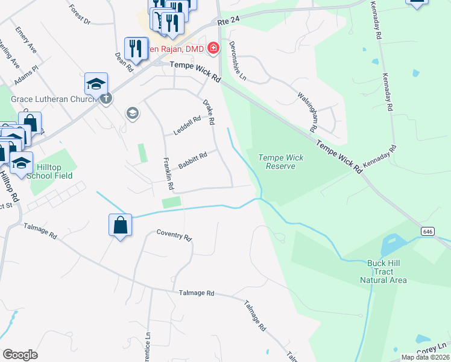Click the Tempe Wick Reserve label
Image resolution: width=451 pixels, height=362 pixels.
click(x=280, y=162)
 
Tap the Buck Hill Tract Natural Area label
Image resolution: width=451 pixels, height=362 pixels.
click(x=383, y=271)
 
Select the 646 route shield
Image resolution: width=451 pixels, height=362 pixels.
click(x=427, y=231)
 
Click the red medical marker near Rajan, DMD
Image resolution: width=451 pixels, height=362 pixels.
click(x=213, y=48)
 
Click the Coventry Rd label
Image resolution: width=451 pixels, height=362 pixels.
click(x=174, y=235)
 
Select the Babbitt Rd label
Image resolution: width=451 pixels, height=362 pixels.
click(x=193, y=160)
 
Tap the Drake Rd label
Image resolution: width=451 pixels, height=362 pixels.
click(x=209, y=112)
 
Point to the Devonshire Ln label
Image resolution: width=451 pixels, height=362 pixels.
click(x=237, y=60)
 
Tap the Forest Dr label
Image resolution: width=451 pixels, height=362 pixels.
click(x=80, y=15)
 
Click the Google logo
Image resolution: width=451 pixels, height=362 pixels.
click(x=20, y=355)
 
